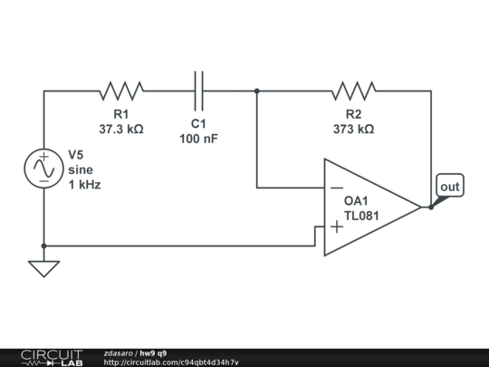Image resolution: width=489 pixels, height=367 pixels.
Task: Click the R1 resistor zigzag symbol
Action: [x=121, y=91]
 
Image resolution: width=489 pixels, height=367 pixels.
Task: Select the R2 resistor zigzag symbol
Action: [x=353, y=91]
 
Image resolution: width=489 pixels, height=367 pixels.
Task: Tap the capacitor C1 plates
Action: [x=199, y=91]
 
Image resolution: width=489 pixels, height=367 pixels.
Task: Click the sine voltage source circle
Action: [x=43, y=169]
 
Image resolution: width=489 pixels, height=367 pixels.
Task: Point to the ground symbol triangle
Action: [x=43, y=268]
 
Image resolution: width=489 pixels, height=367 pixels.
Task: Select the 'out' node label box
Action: [x=450, y=187]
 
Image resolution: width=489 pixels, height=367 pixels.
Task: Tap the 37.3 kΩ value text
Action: [x=121, y=130]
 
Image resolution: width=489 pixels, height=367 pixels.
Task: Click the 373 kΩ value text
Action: [x=353, y=130]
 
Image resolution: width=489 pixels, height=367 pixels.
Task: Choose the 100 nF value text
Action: [x=199, y=139]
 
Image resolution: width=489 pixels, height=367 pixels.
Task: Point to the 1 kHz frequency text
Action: [x=84, y=184]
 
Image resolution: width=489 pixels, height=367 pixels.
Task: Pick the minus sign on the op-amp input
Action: [x=336, y=188]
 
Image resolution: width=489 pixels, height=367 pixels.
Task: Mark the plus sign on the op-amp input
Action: [x=336, y=227]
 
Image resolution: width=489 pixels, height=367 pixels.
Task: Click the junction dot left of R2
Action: [x=257, y=91]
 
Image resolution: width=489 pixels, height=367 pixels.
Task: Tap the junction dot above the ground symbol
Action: [x=43, y=246]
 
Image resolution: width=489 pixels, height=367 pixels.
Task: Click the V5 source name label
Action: [x=76, y=154]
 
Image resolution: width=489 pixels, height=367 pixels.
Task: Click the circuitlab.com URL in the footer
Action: [x=171, y=362]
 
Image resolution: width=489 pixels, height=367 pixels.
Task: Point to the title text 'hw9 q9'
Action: [x=152, y=353]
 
